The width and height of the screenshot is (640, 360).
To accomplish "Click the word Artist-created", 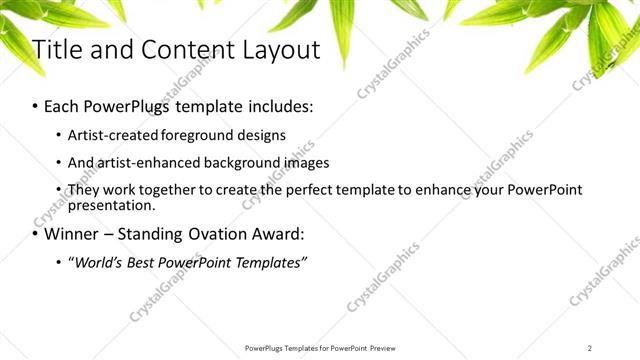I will coord(109,135).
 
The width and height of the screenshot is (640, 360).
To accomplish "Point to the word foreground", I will coord(193,135).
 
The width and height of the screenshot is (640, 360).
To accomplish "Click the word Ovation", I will coord(215,235).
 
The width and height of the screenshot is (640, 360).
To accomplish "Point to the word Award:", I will coord(275,235).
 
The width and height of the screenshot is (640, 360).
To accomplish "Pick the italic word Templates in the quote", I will coord(270,263).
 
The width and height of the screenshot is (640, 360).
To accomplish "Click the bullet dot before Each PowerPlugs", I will coord(36,106).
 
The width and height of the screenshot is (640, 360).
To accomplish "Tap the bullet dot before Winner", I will coord(36,236).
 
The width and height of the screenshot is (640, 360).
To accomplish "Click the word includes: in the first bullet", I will coord(281,105).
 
